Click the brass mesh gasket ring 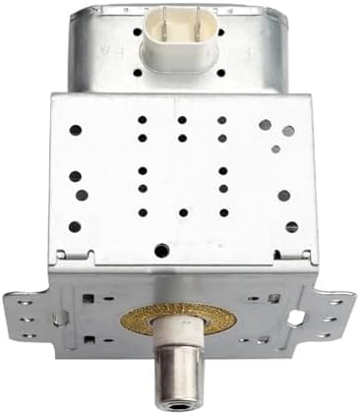181,325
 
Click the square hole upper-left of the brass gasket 90,296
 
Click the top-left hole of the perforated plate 75,128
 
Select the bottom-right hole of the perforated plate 290,227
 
